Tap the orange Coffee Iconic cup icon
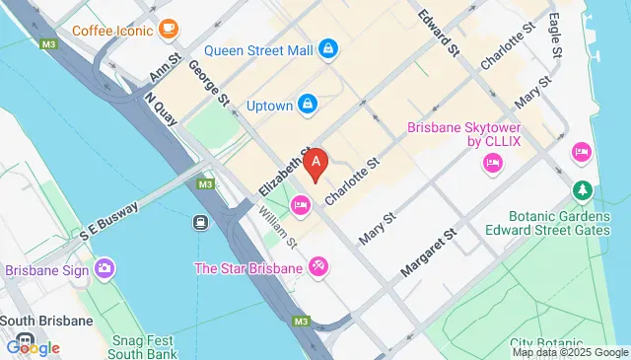tap(169, 27)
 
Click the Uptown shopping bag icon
tap(309, 102)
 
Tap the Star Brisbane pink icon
tap(317, 266)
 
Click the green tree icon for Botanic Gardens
tap(584, 188)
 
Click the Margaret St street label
tap(432, 253)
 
